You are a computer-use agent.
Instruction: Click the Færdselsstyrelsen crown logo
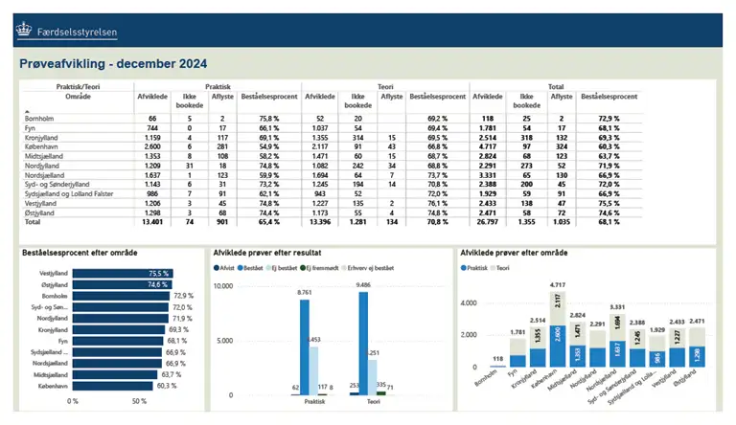23,31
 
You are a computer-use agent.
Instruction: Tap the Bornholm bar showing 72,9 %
121,296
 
